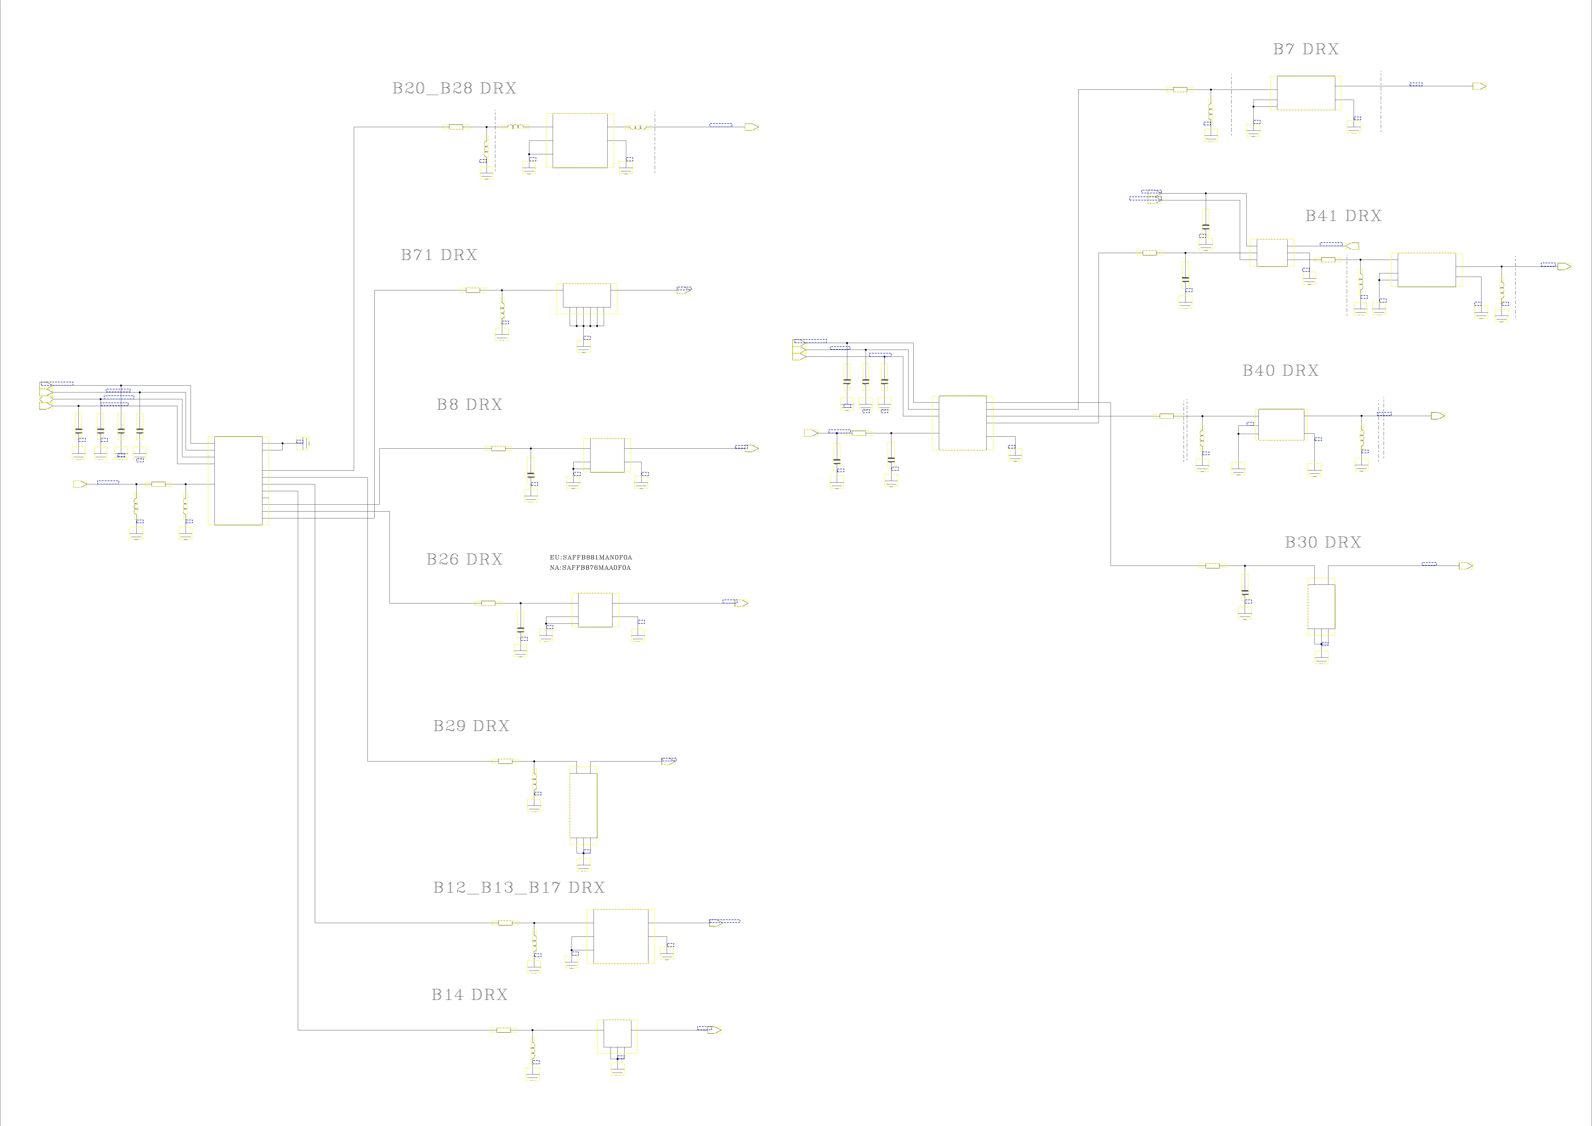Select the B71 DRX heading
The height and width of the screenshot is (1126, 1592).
pyautogui.click(x=439, y=255)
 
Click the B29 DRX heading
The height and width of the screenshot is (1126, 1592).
pyautogui.click(x=471, y=726)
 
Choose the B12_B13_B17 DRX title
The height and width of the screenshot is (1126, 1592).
pyautogui.click(x=519, y=887)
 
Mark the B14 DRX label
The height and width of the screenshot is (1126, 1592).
pyautogui.click(x=469, y=995)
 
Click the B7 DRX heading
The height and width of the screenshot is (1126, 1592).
pyautogui.click(x=1306, y=49)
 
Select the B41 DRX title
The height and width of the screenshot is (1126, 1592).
pyautogui.click(x=1343, y=216)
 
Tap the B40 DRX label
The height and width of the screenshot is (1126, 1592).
pyautogui.click(x=1280, y=371)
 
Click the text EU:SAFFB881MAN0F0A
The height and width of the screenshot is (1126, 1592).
pyautogui.click(x=590, y=558)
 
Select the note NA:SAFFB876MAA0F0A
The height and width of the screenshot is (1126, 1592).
pyautogui.click(x=590, y=568)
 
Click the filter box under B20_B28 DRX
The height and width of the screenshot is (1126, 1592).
pyautogui.click(x=580, y=141)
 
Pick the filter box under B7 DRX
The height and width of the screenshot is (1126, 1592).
pyautogui.click(x=1306, y=93)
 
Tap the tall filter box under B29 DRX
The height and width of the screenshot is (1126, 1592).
pyautogui.click(x=583, y=806)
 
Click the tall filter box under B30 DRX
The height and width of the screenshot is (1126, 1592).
pyautogui.click(x=1321, y=607)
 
